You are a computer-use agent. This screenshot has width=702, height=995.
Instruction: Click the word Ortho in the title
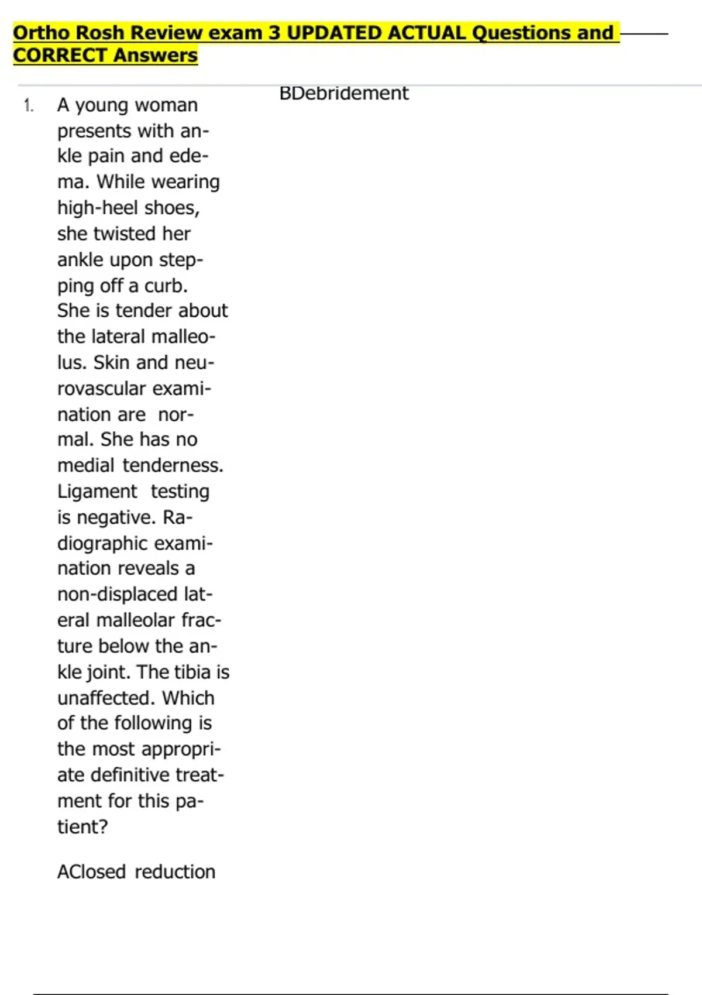pos(43,33)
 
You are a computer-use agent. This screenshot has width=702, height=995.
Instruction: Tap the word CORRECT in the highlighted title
pos(61,56)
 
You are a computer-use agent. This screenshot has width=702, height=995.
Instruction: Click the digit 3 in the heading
pos(274,33)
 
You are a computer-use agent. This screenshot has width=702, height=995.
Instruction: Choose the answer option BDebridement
pos(343,93)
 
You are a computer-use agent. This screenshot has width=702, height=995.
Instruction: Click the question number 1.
pos(28,106)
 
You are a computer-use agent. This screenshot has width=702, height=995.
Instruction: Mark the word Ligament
pos(97,491)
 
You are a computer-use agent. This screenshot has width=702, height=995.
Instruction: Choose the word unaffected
pos(106,698)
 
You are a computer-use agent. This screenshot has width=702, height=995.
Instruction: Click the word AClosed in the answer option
pos(92,872)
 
